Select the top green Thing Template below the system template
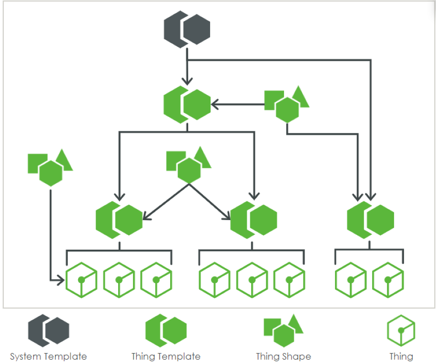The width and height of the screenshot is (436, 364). tap(187, 103)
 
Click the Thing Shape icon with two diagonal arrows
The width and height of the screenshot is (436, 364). tap(189, 164)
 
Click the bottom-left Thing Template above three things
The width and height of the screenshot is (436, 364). tap(119, 220)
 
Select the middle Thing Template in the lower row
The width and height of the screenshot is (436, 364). tap(253, 220)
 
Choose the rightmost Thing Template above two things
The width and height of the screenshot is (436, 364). tap(370, 220)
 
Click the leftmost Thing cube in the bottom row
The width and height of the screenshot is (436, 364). tap(81, 280)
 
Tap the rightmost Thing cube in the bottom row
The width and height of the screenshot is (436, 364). tap(388, 280)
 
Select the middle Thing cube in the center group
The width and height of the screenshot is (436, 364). tap(252, 280)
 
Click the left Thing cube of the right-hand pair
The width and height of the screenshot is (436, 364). tap(351, 280)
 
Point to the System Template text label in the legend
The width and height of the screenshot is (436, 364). tap(48, 356)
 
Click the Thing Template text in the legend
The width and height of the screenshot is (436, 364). tap(166, 356)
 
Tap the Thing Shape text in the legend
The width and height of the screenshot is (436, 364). tap(283, 356)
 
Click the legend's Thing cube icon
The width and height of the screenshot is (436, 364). tap(401, 331)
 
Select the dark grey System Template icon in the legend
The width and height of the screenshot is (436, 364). tap(48, 331)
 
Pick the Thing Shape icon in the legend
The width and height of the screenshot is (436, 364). tap(284, 331)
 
